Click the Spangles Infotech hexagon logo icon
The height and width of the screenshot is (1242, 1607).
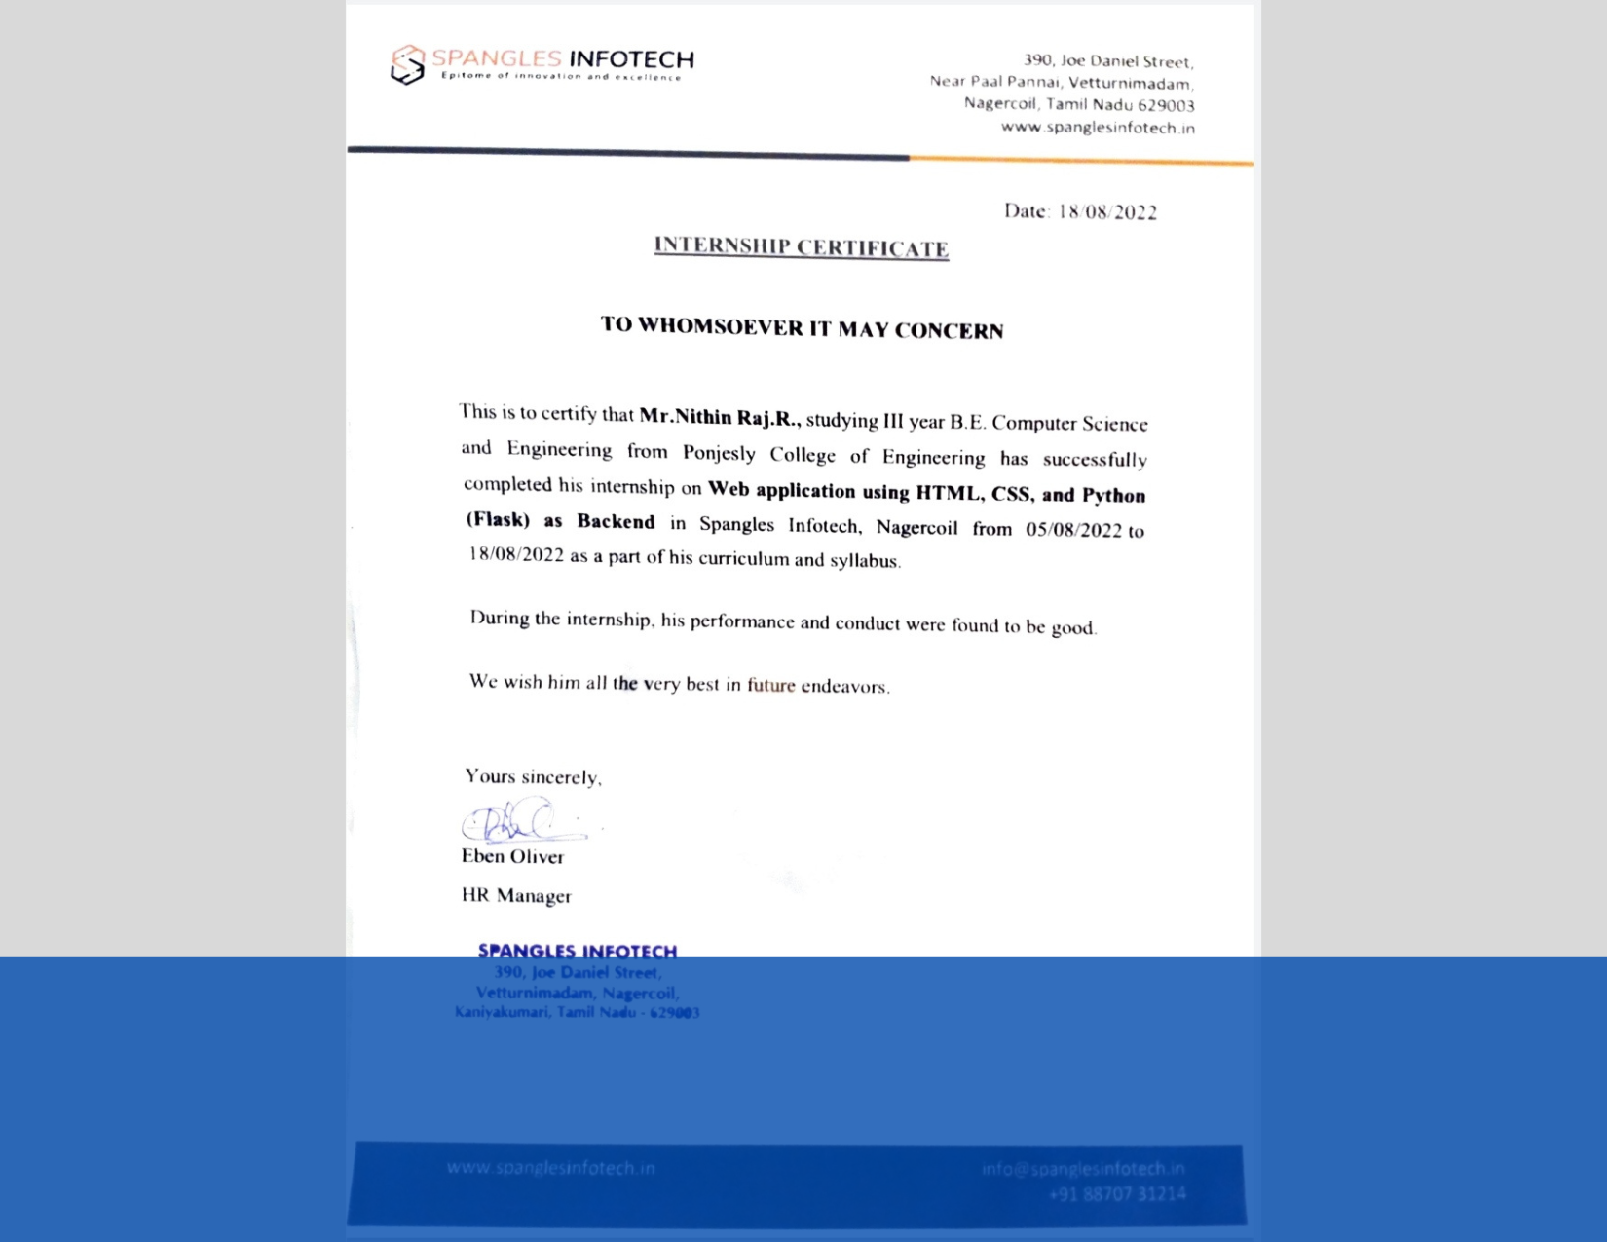pos(407,64)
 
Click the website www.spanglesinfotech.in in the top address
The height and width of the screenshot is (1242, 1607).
pos(1098,128)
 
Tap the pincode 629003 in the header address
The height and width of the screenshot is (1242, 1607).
pos(1166,105)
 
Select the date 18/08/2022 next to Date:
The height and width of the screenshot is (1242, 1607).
pos(1107,212)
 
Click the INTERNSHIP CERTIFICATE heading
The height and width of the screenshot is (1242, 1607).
pos(802,247)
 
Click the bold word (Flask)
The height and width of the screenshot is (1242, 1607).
pos(498,519)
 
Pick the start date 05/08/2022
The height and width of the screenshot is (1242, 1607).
pos(1073,530)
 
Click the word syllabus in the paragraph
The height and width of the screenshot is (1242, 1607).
pos(864,560)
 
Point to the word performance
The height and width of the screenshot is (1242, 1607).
pos(744,621)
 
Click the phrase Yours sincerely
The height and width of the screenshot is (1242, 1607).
pos(533,776)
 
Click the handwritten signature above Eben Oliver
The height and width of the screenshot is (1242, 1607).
pos(520,820)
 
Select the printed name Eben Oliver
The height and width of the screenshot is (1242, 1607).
pos(512,856)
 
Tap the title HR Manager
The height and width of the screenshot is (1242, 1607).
pos(516,895)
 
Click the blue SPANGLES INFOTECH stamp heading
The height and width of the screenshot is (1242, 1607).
pos(578,950)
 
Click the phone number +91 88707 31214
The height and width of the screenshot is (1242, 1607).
pos(1117,1193)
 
